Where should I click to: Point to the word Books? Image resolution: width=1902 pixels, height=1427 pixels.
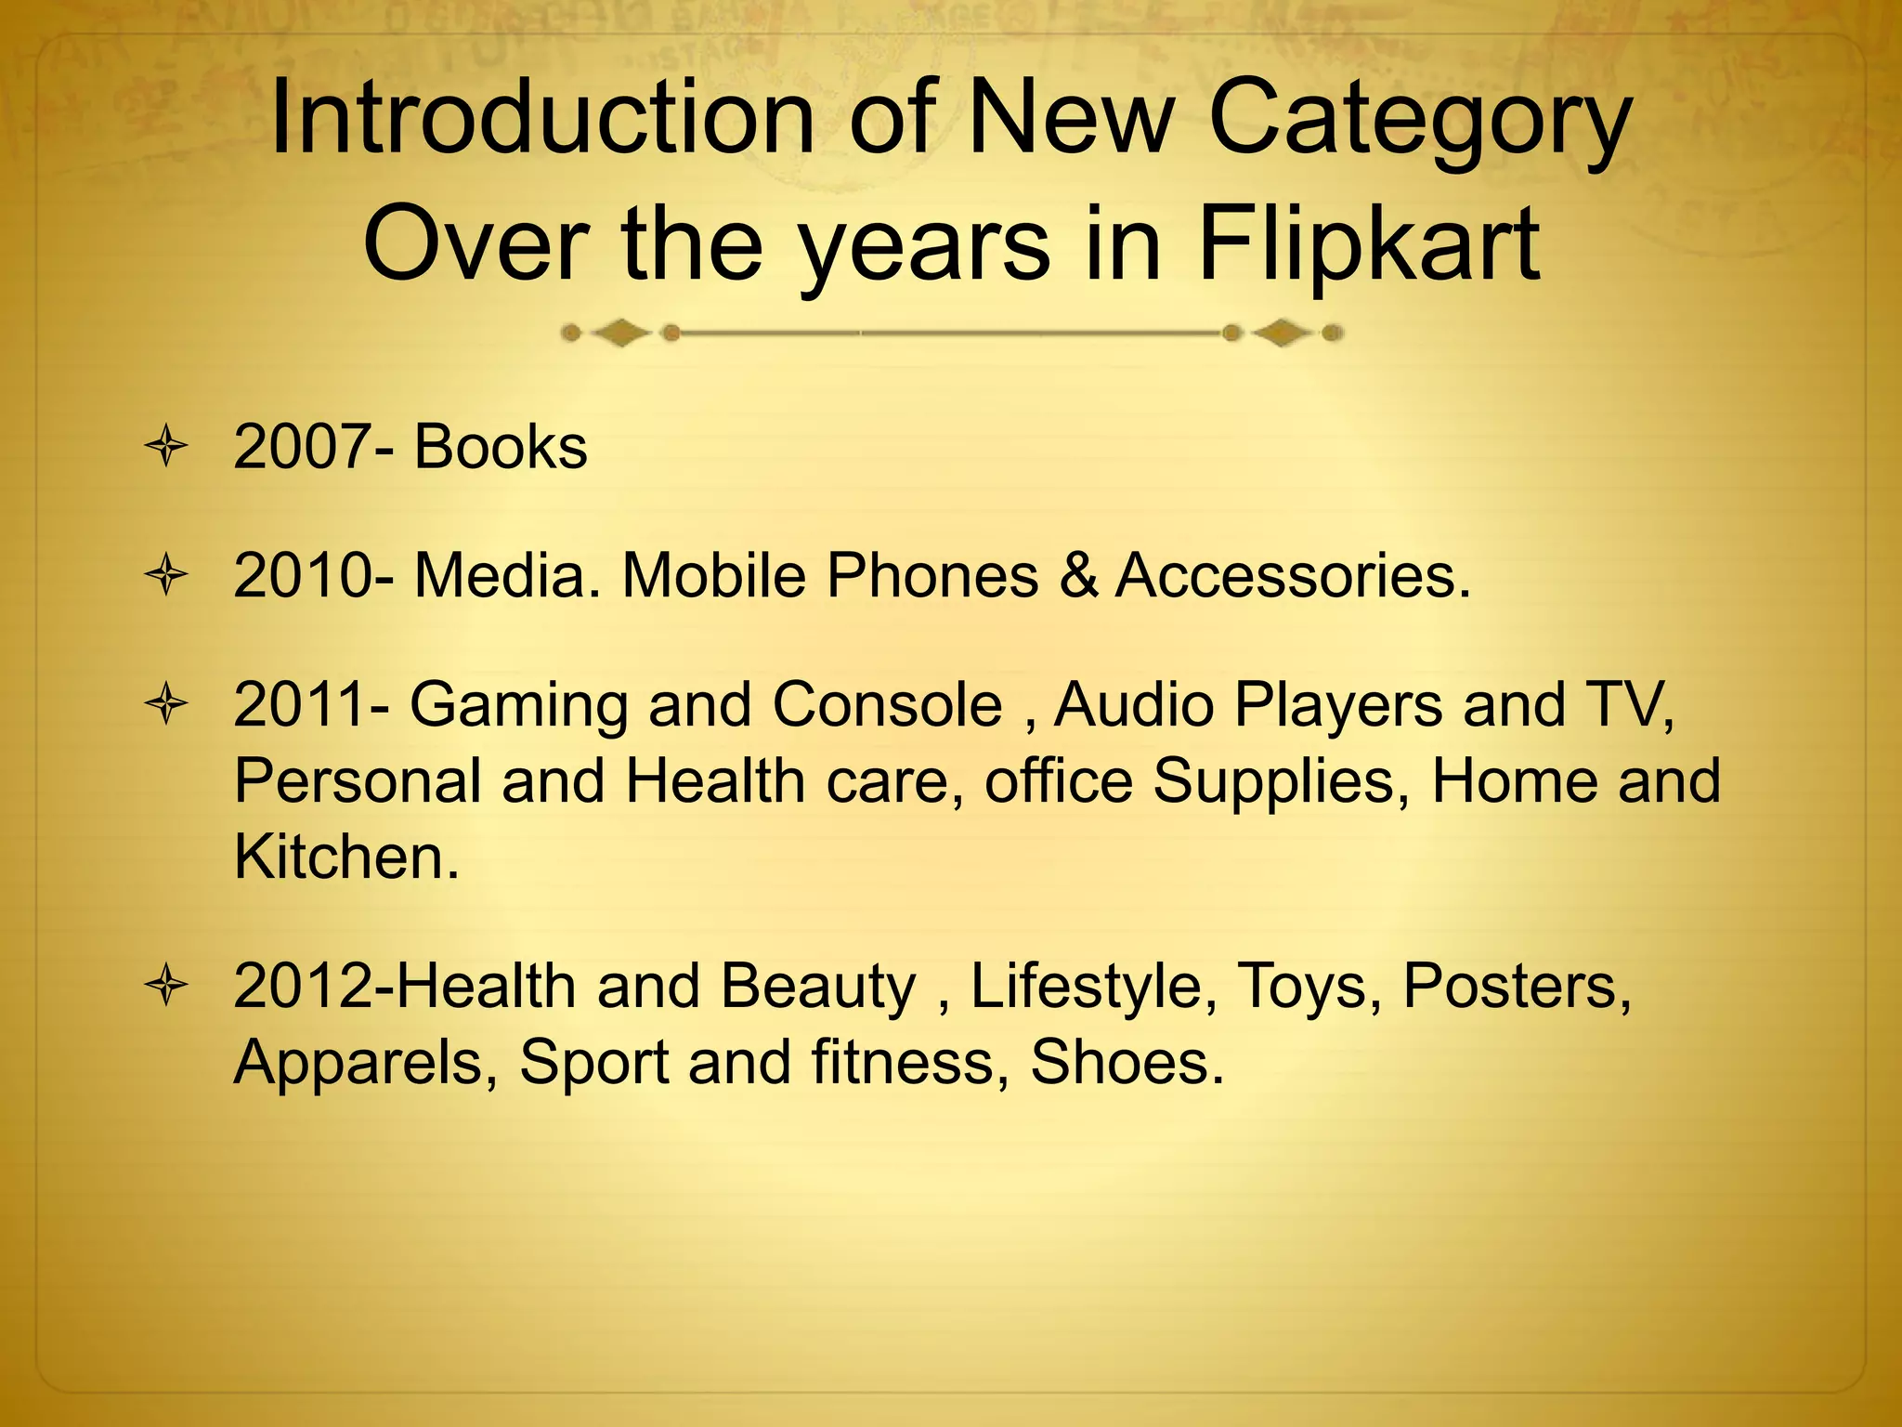pyautogui.click(x=501, y=447)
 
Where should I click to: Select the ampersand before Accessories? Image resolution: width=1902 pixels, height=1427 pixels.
pyautogui.click(x=1076, y=576)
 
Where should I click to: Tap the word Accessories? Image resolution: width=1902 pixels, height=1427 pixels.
pyautogui.click(x=1293, y=576)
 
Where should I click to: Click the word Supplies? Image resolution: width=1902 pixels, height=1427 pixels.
pyautogui.click(x=1275, y=782)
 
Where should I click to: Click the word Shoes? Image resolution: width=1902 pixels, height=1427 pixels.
pyautogui.click(x=1127, y=1062)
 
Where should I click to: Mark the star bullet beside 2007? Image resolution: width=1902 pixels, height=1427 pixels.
pyautogui.click(x=167, y=448)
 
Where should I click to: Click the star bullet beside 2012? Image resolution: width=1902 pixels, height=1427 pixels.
pyautogui.click(x=167, y=986)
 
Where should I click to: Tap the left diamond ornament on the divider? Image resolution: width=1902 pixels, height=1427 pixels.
pyautogui.click(x=620, y=332)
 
